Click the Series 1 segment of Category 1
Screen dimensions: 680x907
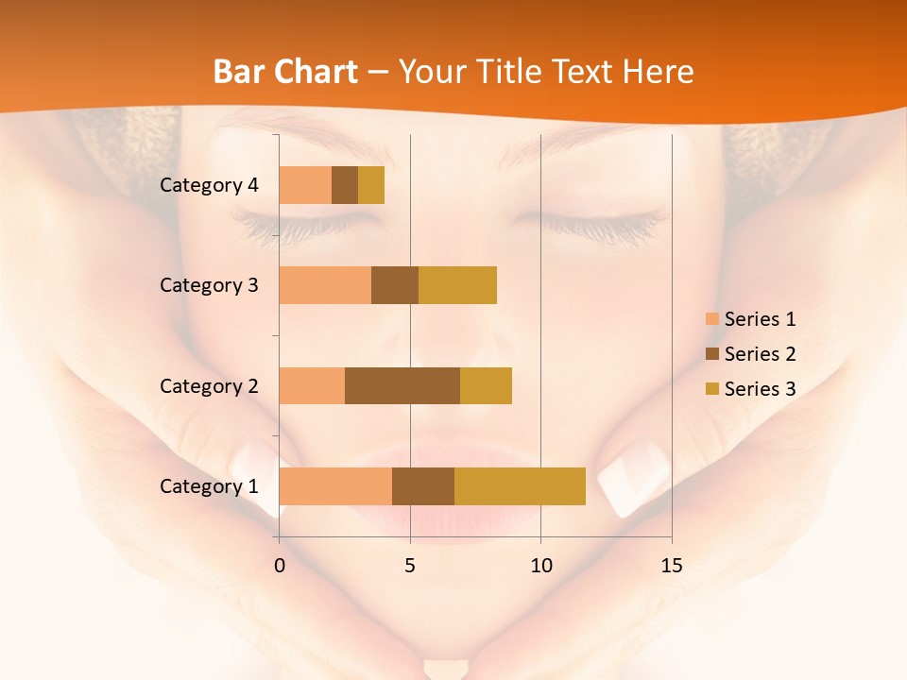click(x=335, y=486)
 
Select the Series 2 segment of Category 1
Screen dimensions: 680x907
click(x=423, y=486)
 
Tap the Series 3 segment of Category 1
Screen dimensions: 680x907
click(x=520, y=486)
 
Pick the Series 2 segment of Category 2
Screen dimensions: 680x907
click(x=402, y=385)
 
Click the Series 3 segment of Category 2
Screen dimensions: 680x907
click(x=486, y=385)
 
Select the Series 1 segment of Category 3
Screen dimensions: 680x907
click(x=325, y=285)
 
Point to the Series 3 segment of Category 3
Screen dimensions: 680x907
click(x=457, y=285)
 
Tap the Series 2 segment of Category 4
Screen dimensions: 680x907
click(x=345, y=185)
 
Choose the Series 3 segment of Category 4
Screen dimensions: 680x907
click(x=371, y=185)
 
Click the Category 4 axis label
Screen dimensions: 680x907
click(x=209, y=185)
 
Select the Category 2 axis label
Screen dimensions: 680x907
click(x=209, y=385)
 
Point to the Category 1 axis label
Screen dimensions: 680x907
click(x=209, y=486)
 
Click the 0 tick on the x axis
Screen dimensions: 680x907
click(x=280, y=566)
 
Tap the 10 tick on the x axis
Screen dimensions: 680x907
click(x=540, y=566)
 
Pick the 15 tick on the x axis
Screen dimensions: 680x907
click(x=672, y=566)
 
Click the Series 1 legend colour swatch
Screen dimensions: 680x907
click(x=711, y=319)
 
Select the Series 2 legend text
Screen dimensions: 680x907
click(x=760, y=354)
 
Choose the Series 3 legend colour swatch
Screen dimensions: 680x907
click(x=711, y=389)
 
